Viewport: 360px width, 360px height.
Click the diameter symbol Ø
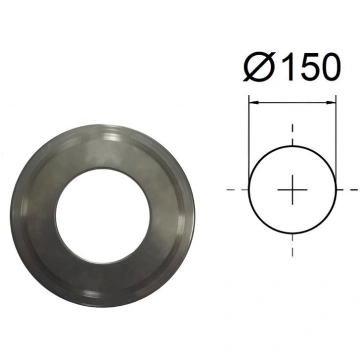pos(259,67)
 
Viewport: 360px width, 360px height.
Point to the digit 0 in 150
pos(329,67)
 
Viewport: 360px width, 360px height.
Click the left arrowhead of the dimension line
pos(253,102)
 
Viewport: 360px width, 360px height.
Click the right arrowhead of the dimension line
pos(331,102)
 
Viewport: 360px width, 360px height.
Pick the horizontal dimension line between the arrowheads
pos(292,102)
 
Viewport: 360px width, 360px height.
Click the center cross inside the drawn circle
pos(292,190)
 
